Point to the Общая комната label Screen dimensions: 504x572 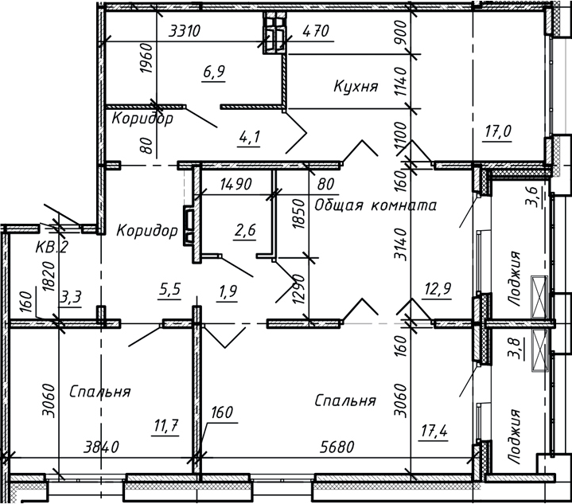375,205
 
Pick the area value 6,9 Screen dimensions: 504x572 214,72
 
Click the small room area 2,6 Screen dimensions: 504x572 244,232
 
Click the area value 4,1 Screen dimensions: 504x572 228,136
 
